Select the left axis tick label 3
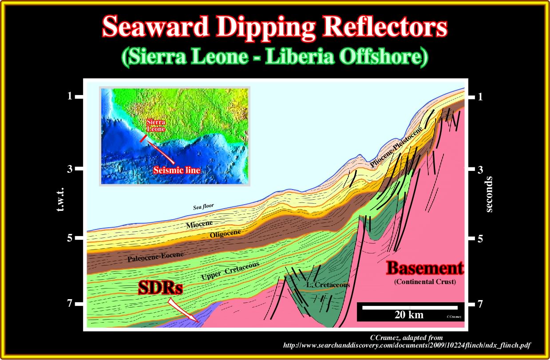pos(70,169)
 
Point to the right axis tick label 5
pos(480,238)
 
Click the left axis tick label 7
pos(70,304)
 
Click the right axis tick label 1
pos(480,97)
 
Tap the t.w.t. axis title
pos(60,199)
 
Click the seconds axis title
pos(489,194)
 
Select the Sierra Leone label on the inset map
pos(156,125)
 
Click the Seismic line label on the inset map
pos(177,170)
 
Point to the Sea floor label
pos(203,206)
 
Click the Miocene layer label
pos(199,224)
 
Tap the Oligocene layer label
pos(225,233)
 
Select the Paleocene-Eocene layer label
pos(155,257)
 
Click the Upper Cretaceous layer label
pos(230,271)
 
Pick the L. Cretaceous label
pos(328,285)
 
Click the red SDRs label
pos(160,287)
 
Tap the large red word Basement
pos(425,268)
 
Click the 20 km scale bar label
pos(409,315)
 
